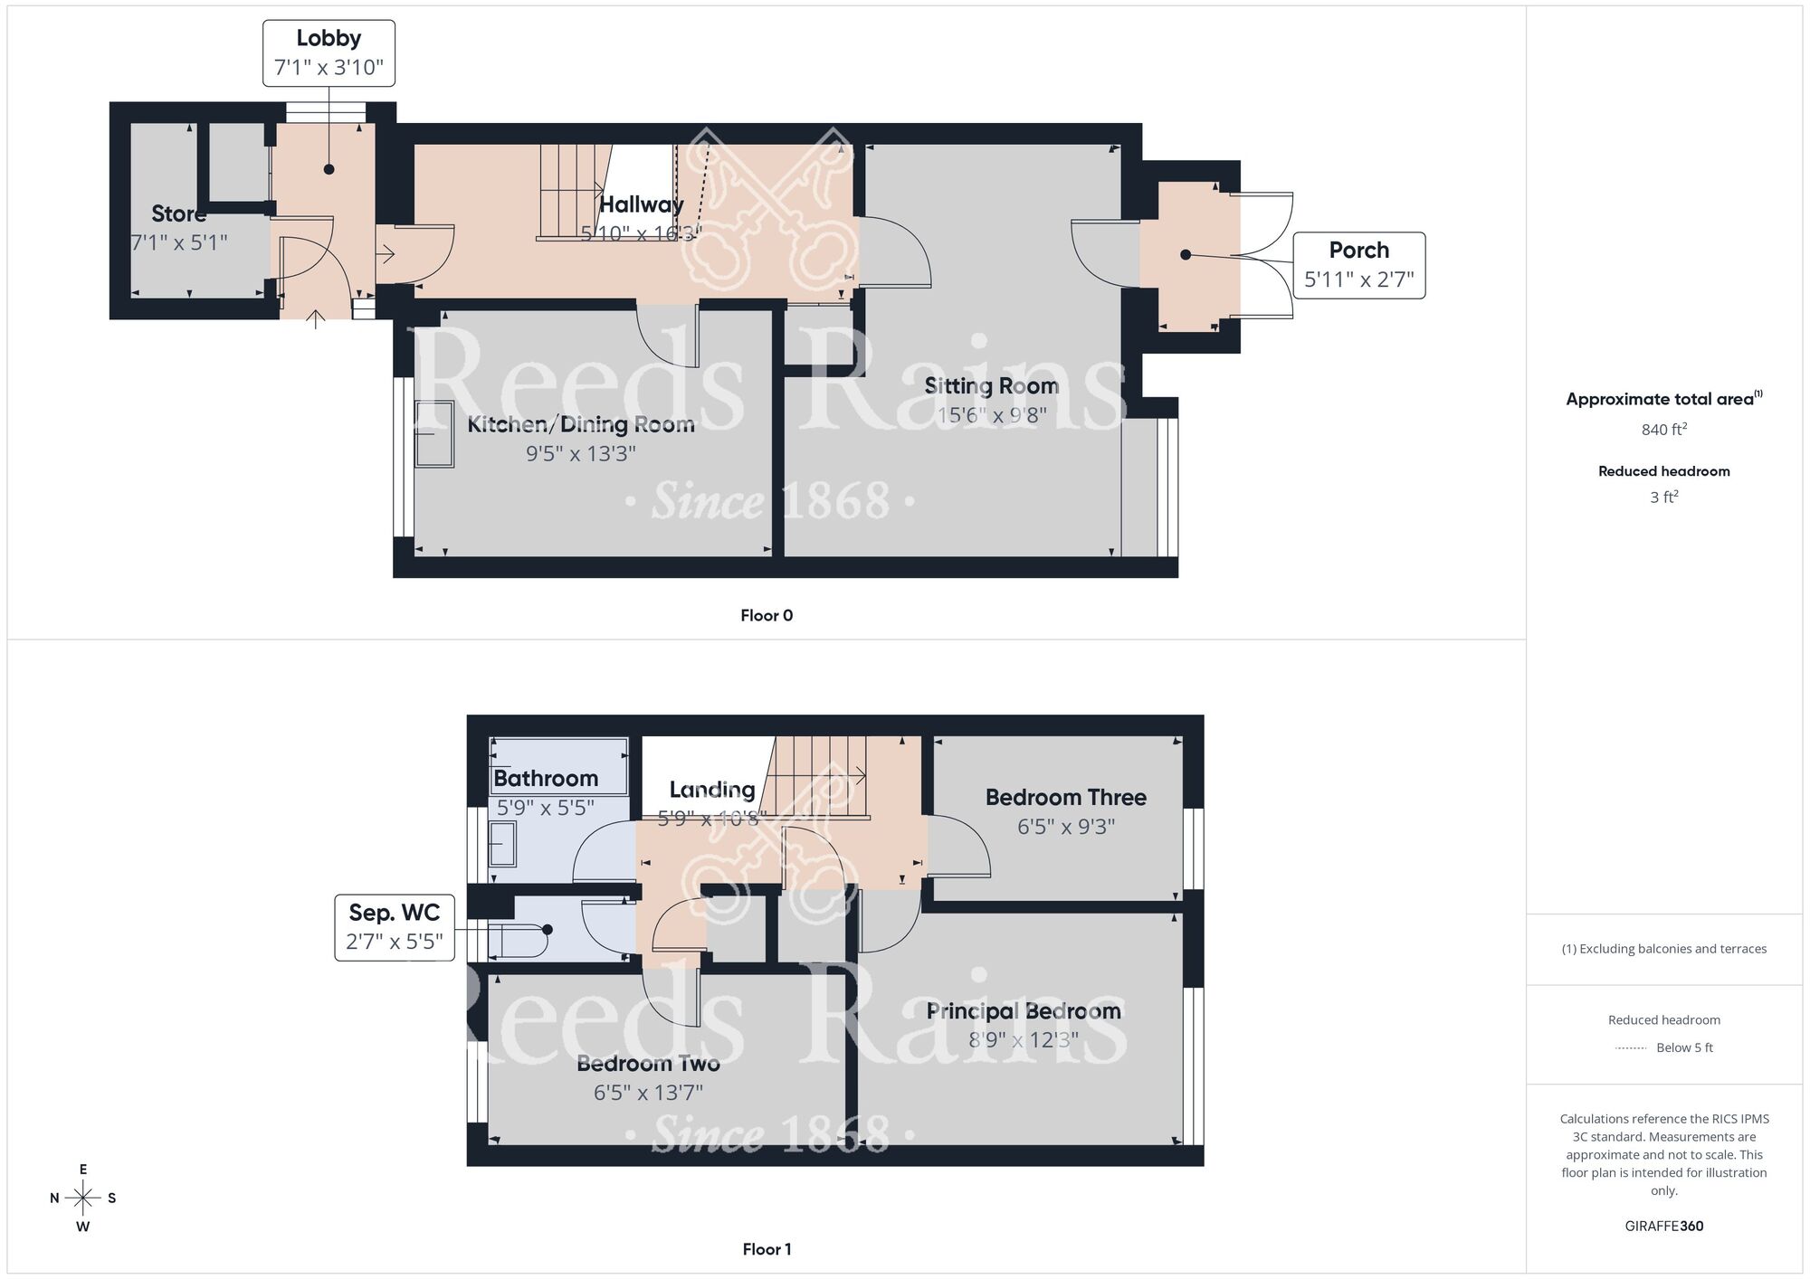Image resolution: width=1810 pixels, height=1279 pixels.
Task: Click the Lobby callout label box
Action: [329, 53]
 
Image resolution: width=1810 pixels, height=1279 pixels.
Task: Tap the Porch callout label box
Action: [1358, 265]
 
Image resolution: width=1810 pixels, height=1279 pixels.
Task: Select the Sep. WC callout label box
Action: [394, 927]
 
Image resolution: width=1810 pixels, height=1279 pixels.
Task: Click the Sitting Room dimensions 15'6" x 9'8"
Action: [992, 415]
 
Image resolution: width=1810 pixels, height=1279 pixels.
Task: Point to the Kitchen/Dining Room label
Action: [580, 424]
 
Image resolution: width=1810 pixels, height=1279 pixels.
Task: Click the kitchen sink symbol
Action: [434, 434]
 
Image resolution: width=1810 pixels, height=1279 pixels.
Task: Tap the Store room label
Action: [178, 214]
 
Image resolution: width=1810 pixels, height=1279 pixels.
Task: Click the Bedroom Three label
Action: [1065, 798]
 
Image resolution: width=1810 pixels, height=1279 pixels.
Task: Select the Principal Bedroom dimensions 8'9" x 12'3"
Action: [1023, 1040]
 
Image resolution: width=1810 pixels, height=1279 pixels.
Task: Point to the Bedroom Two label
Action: [648, 1064]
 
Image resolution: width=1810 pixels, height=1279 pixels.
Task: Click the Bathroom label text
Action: [546, 779]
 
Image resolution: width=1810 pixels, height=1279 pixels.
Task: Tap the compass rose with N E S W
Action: [82, 1198]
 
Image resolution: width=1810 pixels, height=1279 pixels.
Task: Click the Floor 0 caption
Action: [767, 616]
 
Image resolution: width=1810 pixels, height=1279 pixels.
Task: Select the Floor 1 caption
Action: [767, 1249]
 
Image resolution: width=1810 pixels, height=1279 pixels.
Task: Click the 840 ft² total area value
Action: [1663, 430]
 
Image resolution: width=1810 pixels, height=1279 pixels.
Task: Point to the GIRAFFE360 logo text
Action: [1663, 1227]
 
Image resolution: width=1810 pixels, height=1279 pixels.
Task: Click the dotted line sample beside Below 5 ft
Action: [1630, 1048]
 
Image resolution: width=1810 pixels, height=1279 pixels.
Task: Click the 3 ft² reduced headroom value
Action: [1663, 497]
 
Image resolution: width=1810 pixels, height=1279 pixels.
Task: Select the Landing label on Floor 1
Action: [711, 790]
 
